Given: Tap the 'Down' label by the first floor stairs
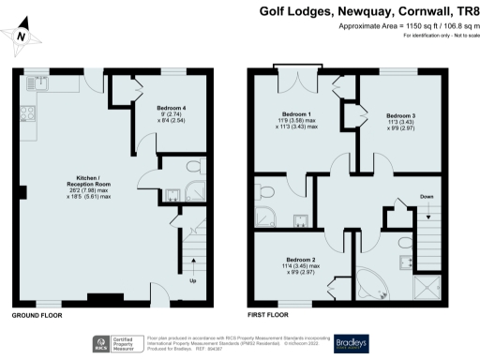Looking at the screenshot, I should pos(427,222).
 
